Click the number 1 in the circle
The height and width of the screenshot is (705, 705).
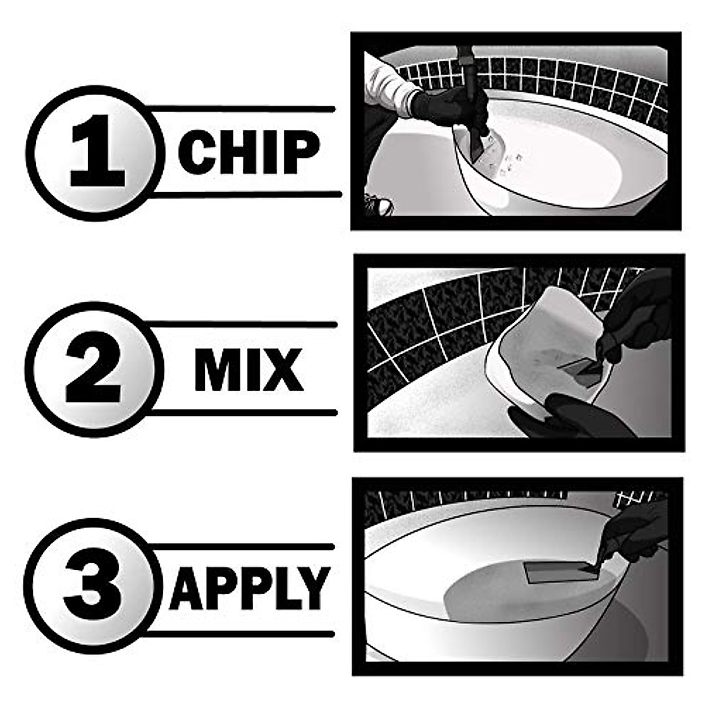click(98, 151)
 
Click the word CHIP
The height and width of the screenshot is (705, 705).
click(249, 152)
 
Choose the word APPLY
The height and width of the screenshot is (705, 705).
click(249, 587)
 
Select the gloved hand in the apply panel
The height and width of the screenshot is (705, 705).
click(634, 529)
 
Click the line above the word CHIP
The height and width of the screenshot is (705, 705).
click(241, 109)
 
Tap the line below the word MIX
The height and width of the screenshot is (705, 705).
click(241, 413)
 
